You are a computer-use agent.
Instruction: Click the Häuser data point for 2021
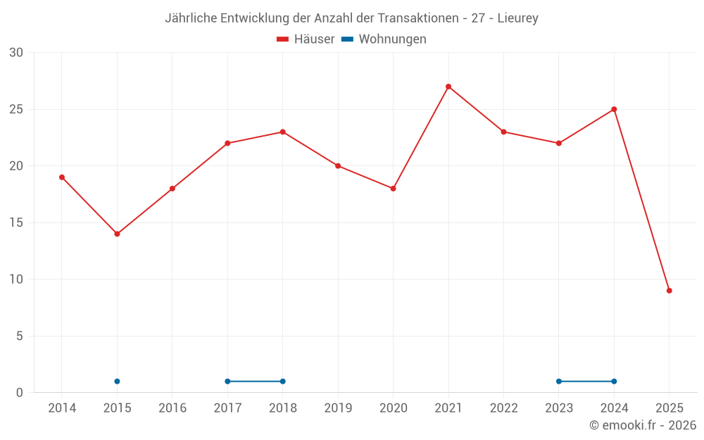(x=448, y=87)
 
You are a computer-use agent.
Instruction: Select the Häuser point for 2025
(x=669, y=291)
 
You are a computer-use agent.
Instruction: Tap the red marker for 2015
(x=117, y=234)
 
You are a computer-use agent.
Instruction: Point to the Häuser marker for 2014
(x=62, y=177)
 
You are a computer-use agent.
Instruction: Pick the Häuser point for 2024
(x=614, y=109)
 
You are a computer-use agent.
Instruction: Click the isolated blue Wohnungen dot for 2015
(x=117, y=382)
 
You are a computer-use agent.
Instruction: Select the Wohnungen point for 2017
(x=227, y=382)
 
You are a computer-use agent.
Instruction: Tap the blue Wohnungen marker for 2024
(x=614, y=382)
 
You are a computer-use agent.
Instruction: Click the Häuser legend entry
(x=306, y=39)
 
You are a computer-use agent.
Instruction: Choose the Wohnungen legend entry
(x=384, y=39)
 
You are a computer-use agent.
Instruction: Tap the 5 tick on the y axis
(x=20, y=336)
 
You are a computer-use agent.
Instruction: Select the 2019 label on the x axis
(x=338, y=408)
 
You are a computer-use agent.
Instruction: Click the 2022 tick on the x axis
(x=503, y=408)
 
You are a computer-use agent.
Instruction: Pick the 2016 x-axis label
(x=172, y=408)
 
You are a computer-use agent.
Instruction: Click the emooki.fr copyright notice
(x=642, y=425)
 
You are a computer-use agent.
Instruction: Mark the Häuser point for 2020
(x=393, y=189)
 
